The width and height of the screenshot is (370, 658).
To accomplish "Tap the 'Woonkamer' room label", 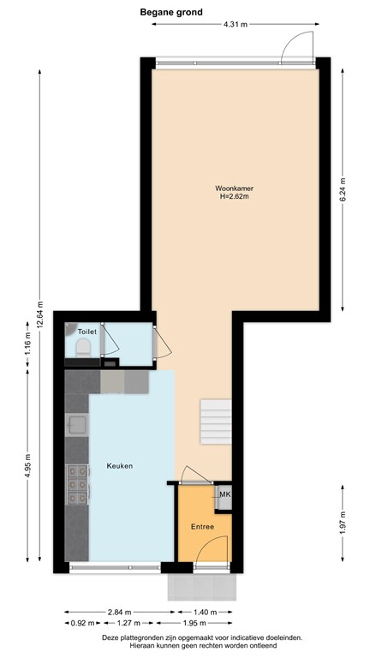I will point(234,188).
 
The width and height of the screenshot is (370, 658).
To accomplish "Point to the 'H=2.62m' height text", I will point(234,197).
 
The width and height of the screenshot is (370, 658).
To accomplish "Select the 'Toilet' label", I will point(87,331).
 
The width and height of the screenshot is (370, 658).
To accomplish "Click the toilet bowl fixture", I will point(83,347).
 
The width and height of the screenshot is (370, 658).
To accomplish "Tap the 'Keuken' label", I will point(119,466).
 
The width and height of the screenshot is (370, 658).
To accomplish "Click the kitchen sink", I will point(77,425).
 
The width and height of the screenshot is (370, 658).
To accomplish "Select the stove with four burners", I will point(77,484).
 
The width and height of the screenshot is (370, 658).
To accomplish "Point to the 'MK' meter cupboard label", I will point(224,494).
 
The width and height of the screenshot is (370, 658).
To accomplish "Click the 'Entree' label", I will point(202,527).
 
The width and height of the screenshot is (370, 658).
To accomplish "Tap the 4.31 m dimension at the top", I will point(235,25).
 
